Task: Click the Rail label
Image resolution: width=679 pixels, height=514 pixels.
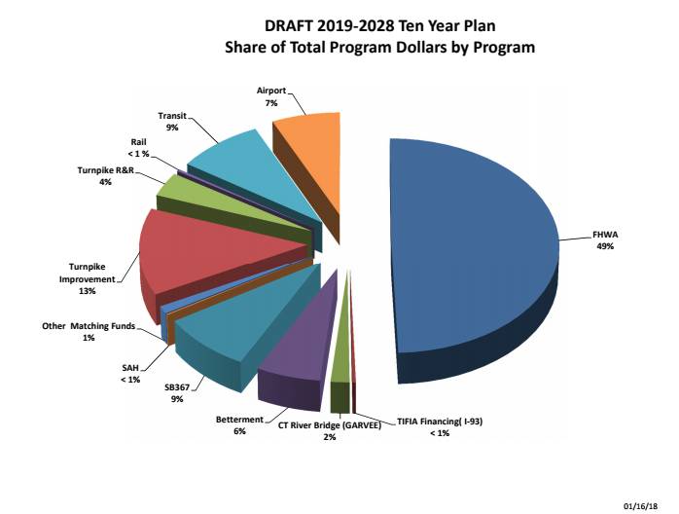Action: pos(139,142)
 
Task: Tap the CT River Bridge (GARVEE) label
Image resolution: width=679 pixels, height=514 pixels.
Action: pos(330,425)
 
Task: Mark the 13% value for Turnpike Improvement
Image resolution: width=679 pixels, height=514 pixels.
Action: pos(89,290)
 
